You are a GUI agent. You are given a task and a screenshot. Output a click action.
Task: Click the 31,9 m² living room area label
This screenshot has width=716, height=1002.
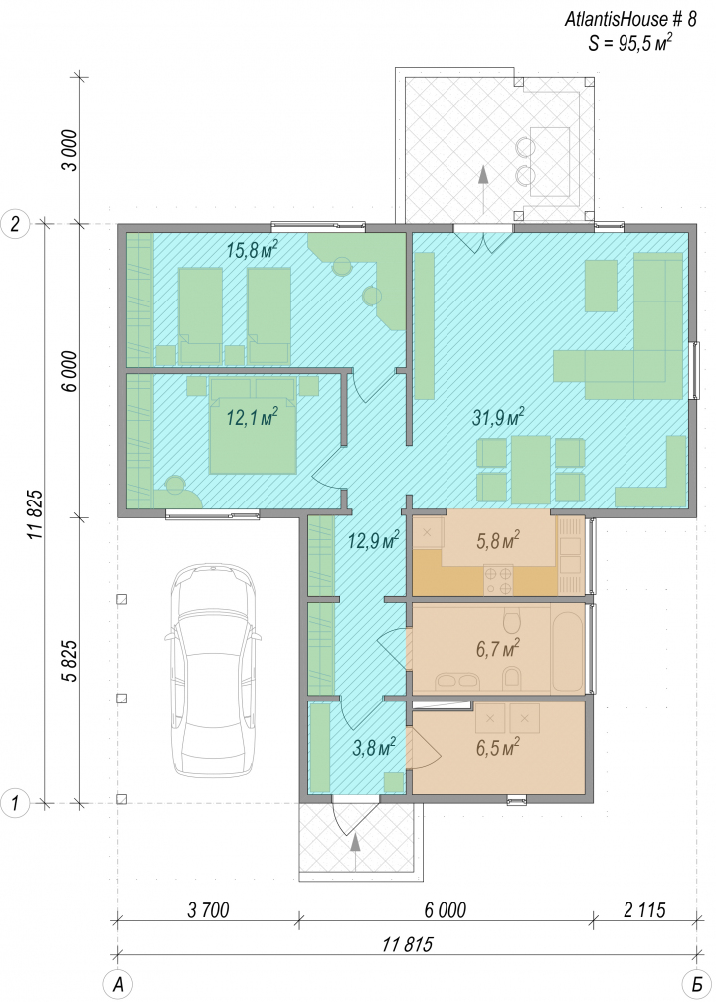point(498,417)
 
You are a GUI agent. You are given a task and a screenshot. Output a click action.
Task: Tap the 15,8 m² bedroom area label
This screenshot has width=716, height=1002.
point(253,249)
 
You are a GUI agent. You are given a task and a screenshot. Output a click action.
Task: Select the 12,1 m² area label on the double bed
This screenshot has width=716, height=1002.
point(253,417)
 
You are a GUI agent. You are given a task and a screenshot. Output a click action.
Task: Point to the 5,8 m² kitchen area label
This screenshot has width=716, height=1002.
point(497,541)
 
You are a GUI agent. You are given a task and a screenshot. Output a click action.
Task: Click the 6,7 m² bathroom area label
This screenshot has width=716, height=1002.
point(497,649)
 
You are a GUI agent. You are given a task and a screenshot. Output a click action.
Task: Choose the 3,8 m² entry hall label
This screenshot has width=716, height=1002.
point(374,746)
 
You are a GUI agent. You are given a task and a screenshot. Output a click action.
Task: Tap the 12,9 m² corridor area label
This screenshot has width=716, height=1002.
point(374,541)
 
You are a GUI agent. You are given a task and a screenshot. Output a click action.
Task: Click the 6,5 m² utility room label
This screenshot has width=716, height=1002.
point(497,746)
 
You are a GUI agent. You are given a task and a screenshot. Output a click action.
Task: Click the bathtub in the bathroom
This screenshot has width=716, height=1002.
point(568,649)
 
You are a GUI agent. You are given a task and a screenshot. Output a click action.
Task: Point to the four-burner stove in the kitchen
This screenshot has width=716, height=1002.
point(498,580)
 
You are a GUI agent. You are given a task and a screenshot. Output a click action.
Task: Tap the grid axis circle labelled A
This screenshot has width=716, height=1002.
point(117,984)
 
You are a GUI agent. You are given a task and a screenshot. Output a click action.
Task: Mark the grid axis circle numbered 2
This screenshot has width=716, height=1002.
point(15,224)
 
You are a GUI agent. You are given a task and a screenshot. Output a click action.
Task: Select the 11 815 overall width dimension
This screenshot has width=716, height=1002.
point(408,944)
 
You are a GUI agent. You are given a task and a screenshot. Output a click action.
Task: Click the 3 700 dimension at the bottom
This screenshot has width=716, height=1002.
point(208,909)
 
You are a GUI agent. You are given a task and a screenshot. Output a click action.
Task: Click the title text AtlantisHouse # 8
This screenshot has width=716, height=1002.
point(629,19)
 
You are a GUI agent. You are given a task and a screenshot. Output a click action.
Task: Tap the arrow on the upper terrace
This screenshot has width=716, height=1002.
point(483,191)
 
